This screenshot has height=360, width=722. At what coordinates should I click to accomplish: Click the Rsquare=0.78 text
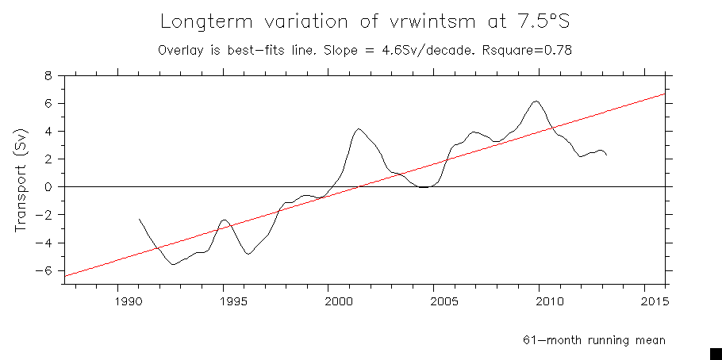527,49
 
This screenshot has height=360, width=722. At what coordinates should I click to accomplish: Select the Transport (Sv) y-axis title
21,180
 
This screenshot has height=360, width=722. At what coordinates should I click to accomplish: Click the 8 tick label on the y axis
48,76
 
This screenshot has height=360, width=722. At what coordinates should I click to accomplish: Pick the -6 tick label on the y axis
45,270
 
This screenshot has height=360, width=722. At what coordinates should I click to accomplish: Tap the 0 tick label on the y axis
48,187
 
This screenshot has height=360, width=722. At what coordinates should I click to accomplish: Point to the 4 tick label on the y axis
48,132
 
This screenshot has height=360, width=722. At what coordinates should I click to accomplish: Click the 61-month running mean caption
593,340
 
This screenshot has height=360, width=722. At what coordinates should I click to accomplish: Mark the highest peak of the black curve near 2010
536,101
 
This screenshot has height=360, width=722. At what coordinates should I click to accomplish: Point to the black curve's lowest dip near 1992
173,264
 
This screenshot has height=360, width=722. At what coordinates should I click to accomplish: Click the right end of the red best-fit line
665,94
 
